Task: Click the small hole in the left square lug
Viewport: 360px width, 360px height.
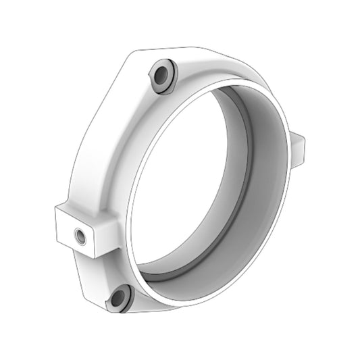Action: click(80, 236)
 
